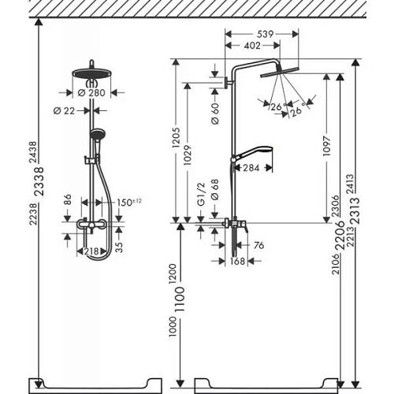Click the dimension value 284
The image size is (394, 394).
coord(252,168)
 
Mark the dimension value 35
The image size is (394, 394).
coord(117,245)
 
